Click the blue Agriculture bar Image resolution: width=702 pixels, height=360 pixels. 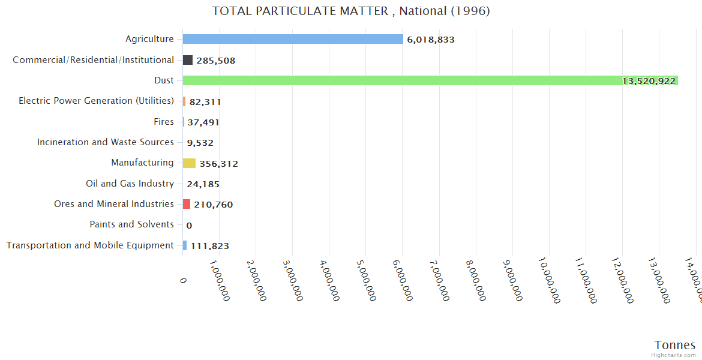[x=293, y=39]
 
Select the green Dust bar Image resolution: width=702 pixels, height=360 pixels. [x=430, y=80]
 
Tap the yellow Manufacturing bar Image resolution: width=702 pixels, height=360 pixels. [x=189, y=163]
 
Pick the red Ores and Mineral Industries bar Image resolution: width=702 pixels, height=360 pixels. [x=187, y=204]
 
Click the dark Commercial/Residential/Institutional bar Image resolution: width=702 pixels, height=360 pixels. [x=188, y=60]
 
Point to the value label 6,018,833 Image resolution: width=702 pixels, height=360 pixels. [x=431, y=40]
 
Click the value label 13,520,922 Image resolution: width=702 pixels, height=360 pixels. [x=649, y=81]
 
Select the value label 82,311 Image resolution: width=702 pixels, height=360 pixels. [x=205, y=102]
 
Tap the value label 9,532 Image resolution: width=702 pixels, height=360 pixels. [x=200, y=143]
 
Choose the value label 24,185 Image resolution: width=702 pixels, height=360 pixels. [x=203, y=184]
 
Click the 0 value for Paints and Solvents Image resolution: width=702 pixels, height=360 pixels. [x=189, y=226]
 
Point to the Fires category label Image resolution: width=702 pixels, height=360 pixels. [x=164, y=122]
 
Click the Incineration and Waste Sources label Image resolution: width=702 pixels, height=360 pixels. [x=106, y=142]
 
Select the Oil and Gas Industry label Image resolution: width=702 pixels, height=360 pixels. [x=130, y=184]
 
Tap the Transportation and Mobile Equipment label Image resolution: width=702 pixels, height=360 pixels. [x=90, y=245]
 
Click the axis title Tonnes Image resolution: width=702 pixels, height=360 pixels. [x=675, y=345]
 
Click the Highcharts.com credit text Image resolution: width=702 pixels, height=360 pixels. [x=674, y=355]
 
